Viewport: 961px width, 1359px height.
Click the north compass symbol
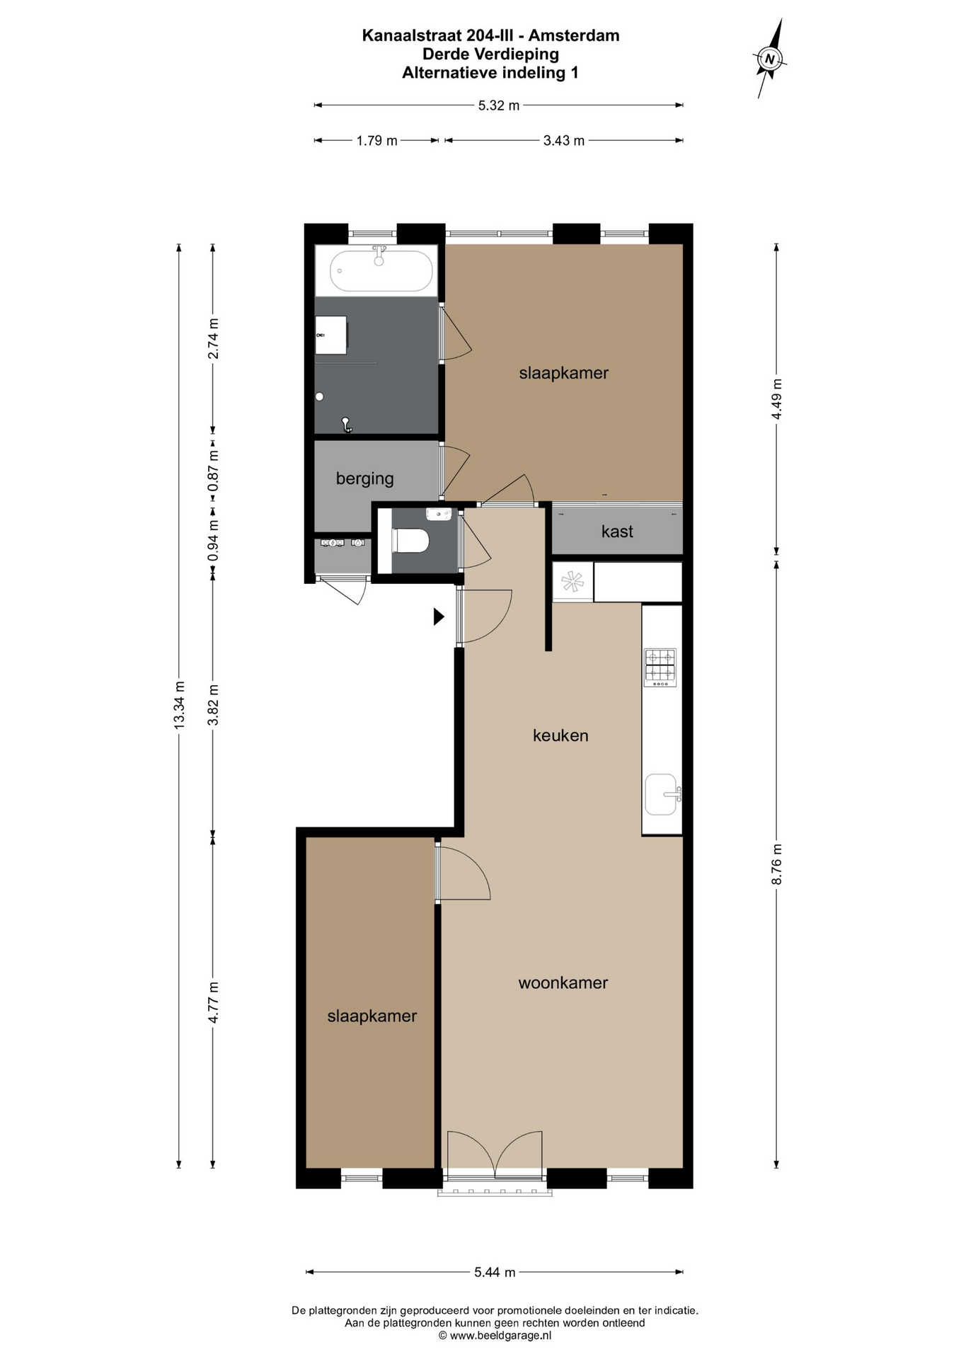(x=771, y=59)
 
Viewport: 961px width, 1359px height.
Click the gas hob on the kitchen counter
(x=660, y=667)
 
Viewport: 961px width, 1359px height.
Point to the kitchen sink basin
(x=662, y=794)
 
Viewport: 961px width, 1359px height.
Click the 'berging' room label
(x=364, y=478)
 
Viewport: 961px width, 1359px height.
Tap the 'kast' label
(x=617, y=532)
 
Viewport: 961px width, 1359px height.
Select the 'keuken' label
(x=560, y=735)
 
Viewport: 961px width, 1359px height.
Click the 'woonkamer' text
(x=563, y=982)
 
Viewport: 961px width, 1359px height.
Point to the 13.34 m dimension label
(x=179, y=704)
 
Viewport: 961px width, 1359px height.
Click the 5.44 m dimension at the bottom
(x=495, y=1272)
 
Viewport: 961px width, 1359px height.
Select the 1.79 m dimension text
(x=376, y=140)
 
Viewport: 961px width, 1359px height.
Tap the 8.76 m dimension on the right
(x=777, y=864)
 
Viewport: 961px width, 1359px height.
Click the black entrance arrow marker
(x=439, y=617)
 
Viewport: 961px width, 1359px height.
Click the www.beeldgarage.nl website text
(x=500, y=1336)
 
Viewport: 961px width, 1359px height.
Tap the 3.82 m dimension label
(x=213, y=704)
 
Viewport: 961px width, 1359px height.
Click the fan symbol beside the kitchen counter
(x=572, y=583)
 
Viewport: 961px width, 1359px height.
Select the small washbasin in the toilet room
(x=439, y=513)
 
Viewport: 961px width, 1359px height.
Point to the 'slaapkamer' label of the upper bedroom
(x=564, y=373)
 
